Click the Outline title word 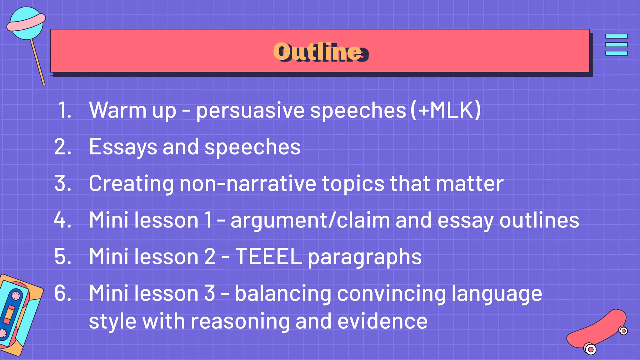pos(319,52)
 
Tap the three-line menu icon pos(616,45)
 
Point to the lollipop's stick pos(38,62)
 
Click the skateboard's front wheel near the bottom pos(590,349)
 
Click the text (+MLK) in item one pos(446,110)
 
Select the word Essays pos(122,147)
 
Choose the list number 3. pos(62,183)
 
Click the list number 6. pos(62,293)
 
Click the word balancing pos(283,293)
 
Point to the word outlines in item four pos(539,220)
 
